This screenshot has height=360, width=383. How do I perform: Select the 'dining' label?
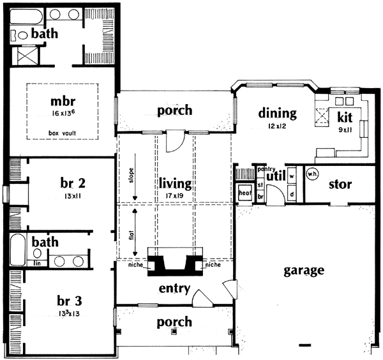[x=278, y=114]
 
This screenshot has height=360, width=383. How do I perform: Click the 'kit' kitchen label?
[x=345, y=118]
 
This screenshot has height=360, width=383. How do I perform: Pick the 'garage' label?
[x=303, y=270]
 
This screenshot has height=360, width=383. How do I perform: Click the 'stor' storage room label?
[x=341, y=185]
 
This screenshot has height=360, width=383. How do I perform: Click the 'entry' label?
[x=174, y=289]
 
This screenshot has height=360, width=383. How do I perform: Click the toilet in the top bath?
[x=20, y=36]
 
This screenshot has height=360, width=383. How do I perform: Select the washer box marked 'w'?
[x=291, y=174]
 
